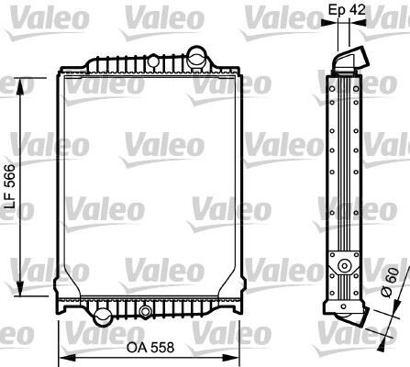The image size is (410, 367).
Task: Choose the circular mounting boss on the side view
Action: coord(344,266)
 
